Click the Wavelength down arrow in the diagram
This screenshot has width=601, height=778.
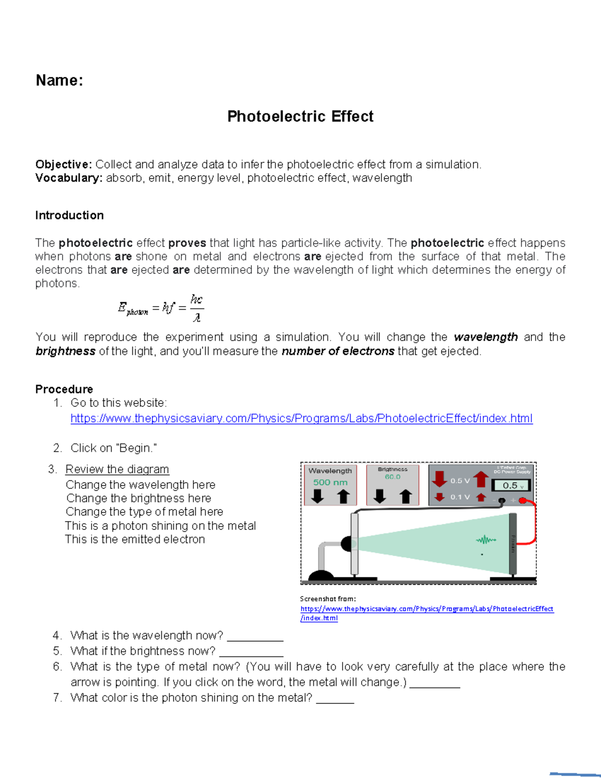point(318,496)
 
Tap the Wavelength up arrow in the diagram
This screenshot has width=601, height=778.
point(343,496)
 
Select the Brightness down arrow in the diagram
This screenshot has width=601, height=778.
point(380,496)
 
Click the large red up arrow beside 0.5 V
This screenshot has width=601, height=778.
point(481,479)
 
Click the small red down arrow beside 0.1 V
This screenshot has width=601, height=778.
point(439,497)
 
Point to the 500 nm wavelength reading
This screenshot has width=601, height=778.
point(330,482)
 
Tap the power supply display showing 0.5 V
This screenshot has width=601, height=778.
point(511,485)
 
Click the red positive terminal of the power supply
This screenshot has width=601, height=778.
point(522,500)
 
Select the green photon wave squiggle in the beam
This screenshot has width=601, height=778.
point(485,540)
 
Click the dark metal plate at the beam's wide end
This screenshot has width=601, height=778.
point(512,544)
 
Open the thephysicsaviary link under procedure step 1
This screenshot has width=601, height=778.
point(301,418)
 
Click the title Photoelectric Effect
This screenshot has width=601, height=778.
point(300,116)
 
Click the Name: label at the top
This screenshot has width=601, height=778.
point(59,80)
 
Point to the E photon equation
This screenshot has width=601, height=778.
point(160,308)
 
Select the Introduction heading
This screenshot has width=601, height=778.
point(69,215)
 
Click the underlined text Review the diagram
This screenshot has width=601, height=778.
point(117,469)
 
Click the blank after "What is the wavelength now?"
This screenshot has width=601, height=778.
point(255,636)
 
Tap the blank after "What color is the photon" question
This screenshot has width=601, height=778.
point(335,698)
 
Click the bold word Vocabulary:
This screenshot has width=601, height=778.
point(69,178)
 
